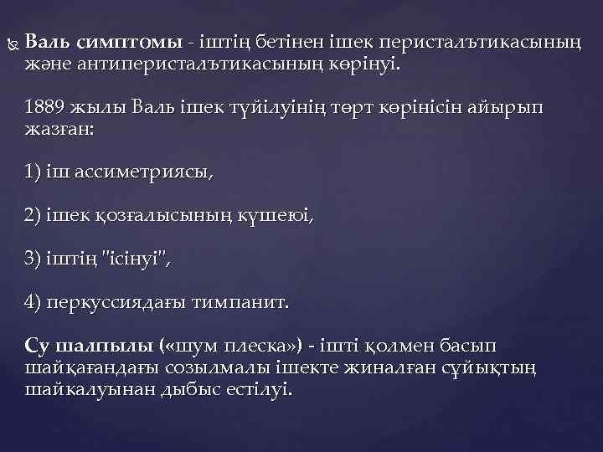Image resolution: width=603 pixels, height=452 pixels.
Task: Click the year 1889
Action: (44, 109)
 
